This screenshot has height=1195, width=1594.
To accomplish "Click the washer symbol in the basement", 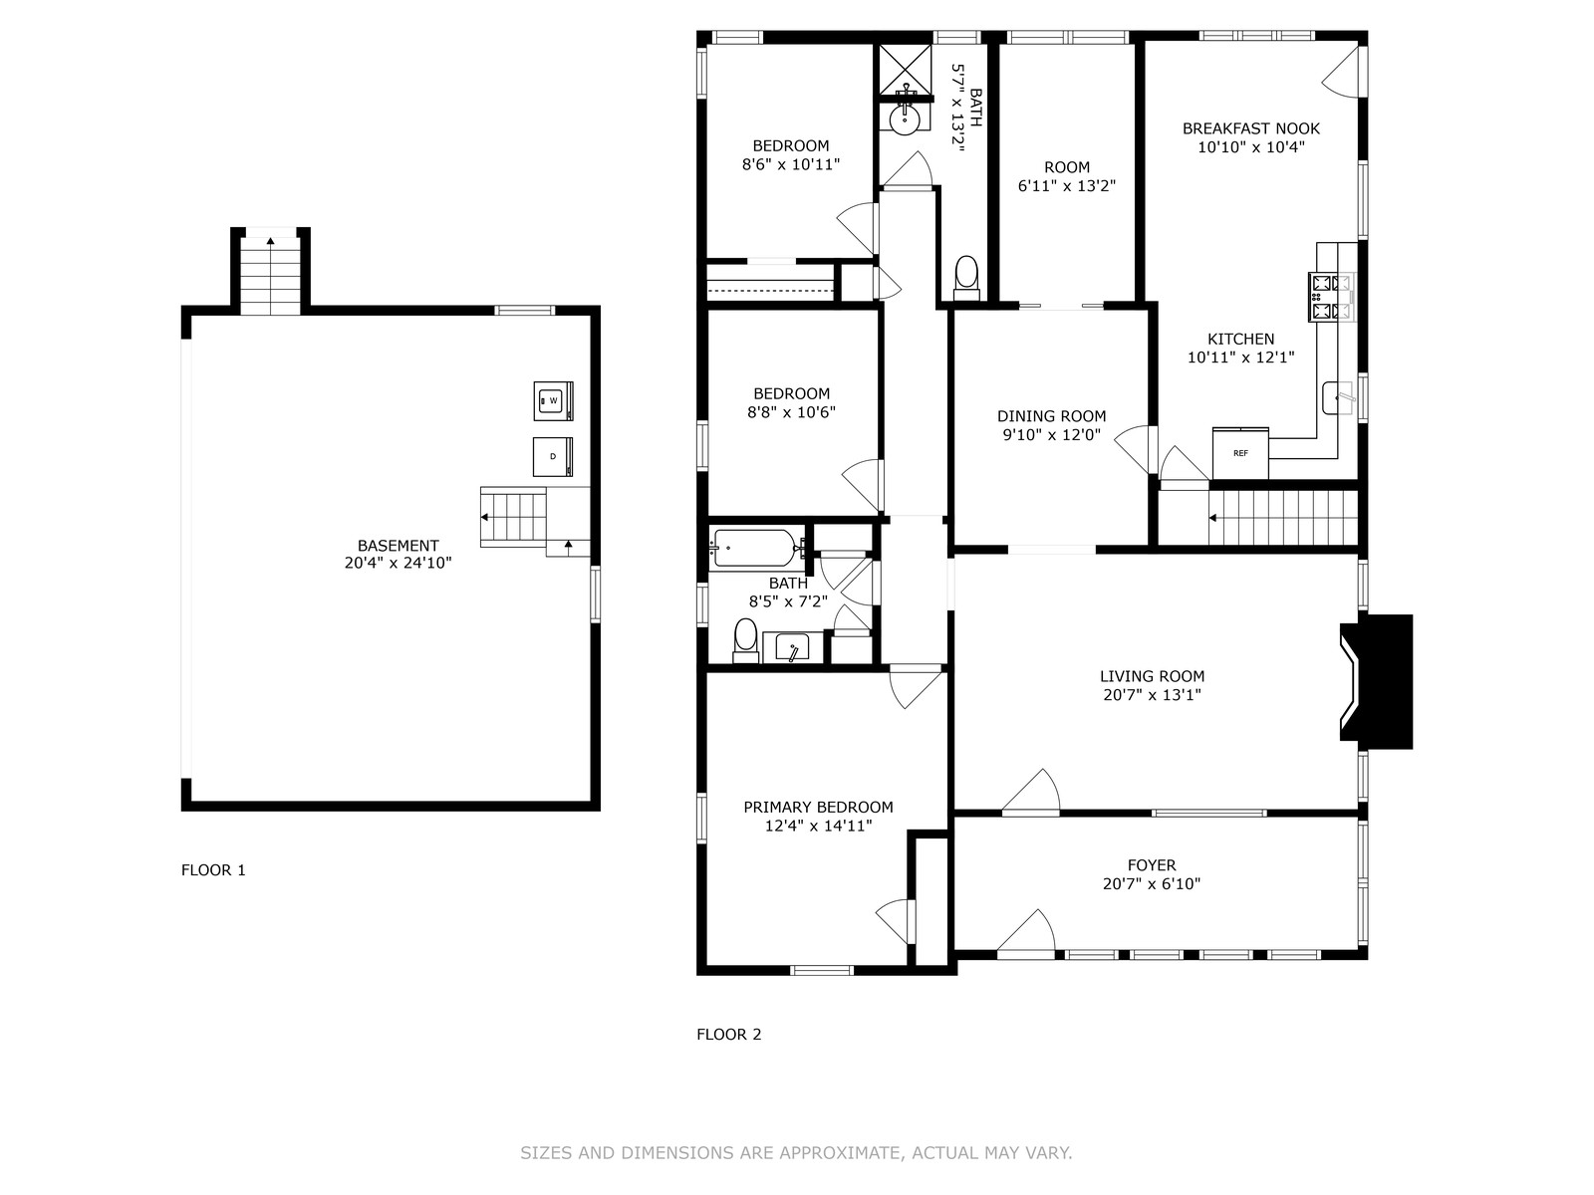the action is tap(553, 400).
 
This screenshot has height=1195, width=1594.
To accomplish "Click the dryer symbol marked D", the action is tap(553, 456).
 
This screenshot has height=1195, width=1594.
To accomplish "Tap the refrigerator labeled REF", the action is tap(1240, 453).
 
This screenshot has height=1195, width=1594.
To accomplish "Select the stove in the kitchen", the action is tap(1332, 297).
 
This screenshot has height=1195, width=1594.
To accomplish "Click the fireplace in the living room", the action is tap(1376, 681).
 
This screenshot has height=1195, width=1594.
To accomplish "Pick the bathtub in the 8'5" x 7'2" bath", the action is tap(755, 548).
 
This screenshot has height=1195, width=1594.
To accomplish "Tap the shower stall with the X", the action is tap(905, 70).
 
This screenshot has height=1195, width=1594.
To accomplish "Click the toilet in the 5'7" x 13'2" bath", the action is tap(966, 278).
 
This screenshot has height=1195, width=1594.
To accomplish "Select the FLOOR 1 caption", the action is tap(213, 870).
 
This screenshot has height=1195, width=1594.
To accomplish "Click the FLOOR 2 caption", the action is tap(729, 1034).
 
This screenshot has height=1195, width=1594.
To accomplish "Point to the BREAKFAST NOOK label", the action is tap(1251, 128).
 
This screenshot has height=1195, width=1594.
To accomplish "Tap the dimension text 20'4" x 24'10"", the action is tap(398, 563).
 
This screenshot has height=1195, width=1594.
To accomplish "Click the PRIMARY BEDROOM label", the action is tap(819, 807).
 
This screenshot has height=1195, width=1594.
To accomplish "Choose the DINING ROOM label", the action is tap(1051, 415).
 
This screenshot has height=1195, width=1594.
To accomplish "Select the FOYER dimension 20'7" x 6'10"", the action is tap(1152, 883).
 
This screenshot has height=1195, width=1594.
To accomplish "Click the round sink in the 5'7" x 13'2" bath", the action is tap(905, 119).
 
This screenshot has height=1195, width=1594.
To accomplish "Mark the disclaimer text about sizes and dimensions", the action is tap(796, 1152).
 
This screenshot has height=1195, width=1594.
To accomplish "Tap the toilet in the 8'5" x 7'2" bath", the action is tap(745, 640).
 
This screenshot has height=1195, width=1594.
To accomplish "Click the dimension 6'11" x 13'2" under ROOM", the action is tap(1067, 186).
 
